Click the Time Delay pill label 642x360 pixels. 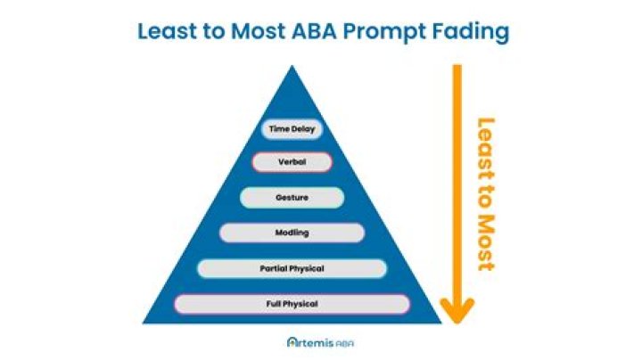point(292,129)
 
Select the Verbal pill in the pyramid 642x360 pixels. point(292,163)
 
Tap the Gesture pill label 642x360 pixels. point(292,197)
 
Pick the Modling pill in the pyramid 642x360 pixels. point(292,233)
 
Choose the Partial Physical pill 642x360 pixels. point(292,268)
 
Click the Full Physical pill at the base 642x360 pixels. point(292,304)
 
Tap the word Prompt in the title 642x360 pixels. point(394,32)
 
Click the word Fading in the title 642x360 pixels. point(478,32)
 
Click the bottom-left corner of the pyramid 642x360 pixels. point(143,323)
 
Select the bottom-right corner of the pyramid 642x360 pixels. point(441,323)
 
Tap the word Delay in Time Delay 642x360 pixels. point(303,129)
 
